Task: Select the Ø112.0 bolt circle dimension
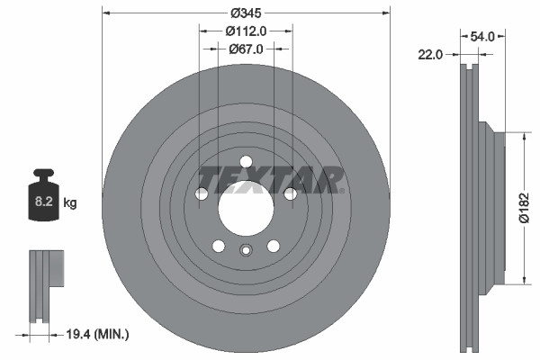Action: (x=246, y=31)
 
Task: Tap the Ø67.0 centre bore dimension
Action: (x=246, y=49)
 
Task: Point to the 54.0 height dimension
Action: (x=482, y=37)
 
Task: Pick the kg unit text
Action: (x=70, y=203)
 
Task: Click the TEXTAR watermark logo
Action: (x=270, y=178)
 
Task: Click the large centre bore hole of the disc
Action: (x=246, y=206)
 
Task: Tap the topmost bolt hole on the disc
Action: (x=246, y=162)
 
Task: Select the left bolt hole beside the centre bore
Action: (x=202, y=193)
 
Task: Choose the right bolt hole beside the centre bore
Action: (x=290, y=193)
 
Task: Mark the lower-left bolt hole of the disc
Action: (x=219, y=245)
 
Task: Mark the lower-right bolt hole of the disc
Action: (x=273, y=245)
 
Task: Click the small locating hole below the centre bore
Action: (x=246, y=252)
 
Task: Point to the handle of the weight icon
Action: (x=42, y=175)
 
